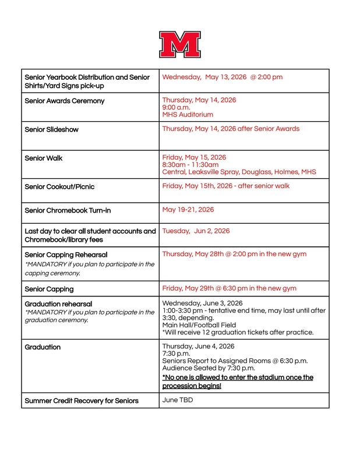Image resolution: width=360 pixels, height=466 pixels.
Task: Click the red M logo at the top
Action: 180,44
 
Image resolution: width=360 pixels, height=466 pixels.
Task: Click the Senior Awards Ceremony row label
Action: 65,101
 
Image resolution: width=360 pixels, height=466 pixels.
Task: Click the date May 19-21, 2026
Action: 188,208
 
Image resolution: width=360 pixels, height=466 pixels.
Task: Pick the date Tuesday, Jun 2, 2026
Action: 196,231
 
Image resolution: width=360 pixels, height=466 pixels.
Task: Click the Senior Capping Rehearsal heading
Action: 66,255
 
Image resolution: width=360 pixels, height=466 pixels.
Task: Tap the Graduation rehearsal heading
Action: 59,303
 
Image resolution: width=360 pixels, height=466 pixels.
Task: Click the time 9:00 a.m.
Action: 175,108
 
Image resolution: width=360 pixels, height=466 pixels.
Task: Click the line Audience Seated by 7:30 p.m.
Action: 208,368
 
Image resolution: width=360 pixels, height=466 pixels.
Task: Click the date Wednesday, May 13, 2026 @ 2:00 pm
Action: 223,77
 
